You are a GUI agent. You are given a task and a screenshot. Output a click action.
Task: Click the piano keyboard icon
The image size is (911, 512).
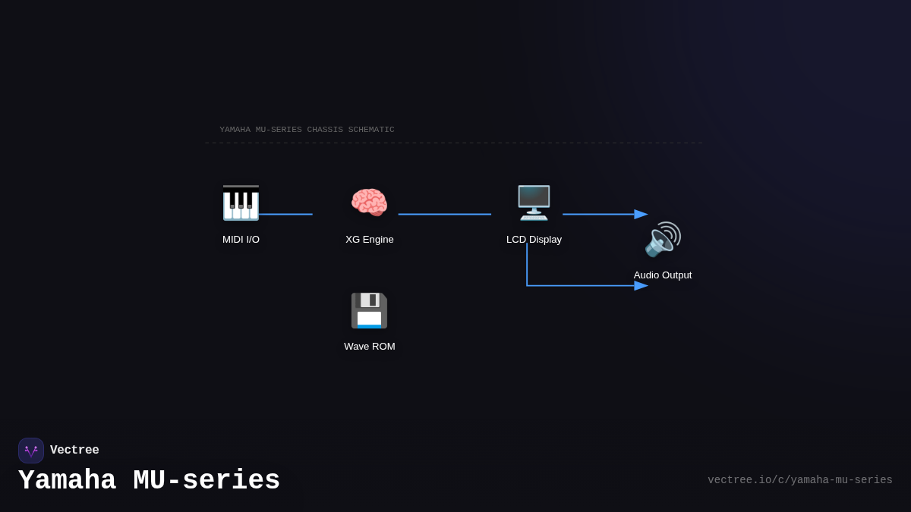point(241,203)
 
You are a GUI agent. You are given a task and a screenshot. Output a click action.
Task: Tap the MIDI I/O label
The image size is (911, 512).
point(241,240)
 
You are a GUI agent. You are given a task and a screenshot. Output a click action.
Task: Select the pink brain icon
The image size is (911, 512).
point(369,203)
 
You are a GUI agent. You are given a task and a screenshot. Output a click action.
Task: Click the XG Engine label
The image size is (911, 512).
point(370,240)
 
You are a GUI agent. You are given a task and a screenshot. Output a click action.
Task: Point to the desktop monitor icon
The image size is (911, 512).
point(534,203)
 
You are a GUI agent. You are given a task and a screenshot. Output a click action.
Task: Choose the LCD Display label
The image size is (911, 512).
point(534,240)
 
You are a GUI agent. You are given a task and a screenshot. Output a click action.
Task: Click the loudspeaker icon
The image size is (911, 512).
point(663,239)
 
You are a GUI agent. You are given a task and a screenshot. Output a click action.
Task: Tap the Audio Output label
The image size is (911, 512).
point(663,275)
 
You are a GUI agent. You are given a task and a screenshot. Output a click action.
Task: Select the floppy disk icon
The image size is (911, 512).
point(369,310)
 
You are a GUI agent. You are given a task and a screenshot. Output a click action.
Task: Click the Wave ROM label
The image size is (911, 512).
point(370,347)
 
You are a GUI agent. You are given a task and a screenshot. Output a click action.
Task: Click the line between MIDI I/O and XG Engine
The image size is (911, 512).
point(285,215)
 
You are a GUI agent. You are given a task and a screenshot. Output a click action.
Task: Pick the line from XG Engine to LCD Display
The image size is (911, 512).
point(444,215)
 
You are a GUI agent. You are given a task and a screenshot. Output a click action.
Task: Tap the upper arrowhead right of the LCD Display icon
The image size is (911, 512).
point(641,215)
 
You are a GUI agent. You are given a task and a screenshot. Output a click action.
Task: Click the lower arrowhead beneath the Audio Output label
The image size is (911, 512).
point(641,286)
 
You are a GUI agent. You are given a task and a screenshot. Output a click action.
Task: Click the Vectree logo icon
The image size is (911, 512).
point(31,451)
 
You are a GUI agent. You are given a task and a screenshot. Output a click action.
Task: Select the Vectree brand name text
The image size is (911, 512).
point(74,451)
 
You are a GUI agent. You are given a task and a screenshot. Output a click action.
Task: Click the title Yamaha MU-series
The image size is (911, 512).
point(149,481)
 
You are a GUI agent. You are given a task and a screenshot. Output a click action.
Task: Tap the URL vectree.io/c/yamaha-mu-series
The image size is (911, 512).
point(799,480)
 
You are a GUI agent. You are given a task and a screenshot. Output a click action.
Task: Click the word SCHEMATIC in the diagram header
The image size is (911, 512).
point(371,130)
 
